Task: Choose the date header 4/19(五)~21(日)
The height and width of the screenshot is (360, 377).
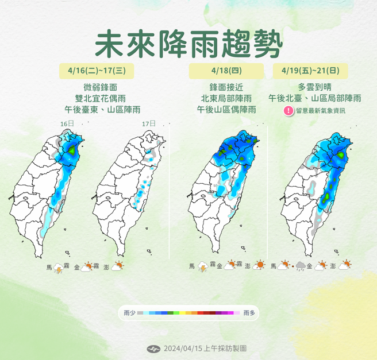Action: (x=310, y=71)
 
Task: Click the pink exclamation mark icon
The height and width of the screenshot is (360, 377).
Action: (x=288, y=110)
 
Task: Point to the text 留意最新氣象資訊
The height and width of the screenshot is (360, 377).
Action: (x=321, y=111)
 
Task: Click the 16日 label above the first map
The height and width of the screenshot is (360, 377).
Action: (x=67, y=123)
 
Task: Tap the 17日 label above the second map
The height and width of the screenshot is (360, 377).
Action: (x=148, y=123)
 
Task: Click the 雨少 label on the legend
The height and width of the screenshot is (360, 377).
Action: (x=129, y=313)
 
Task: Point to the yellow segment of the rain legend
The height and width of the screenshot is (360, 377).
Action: (x=183, y=313)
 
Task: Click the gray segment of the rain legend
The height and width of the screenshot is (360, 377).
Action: (x=140, y=313)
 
